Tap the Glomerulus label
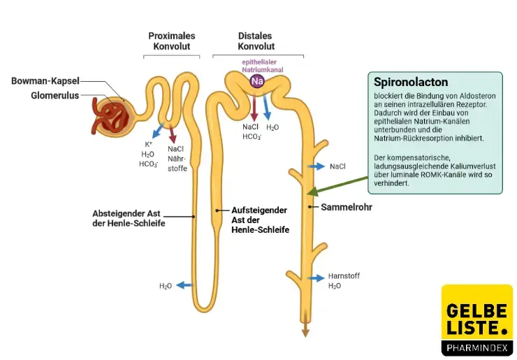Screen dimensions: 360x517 54,96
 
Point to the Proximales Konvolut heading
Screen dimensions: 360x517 172,41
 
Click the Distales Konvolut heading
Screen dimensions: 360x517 256,41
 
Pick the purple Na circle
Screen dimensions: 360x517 257,82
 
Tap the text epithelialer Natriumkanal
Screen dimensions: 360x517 256,66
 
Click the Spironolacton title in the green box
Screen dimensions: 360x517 411,82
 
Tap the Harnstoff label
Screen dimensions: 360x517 344,276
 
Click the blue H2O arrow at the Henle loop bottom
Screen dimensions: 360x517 184,285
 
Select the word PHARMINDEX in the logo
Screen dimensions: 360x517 477,347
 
